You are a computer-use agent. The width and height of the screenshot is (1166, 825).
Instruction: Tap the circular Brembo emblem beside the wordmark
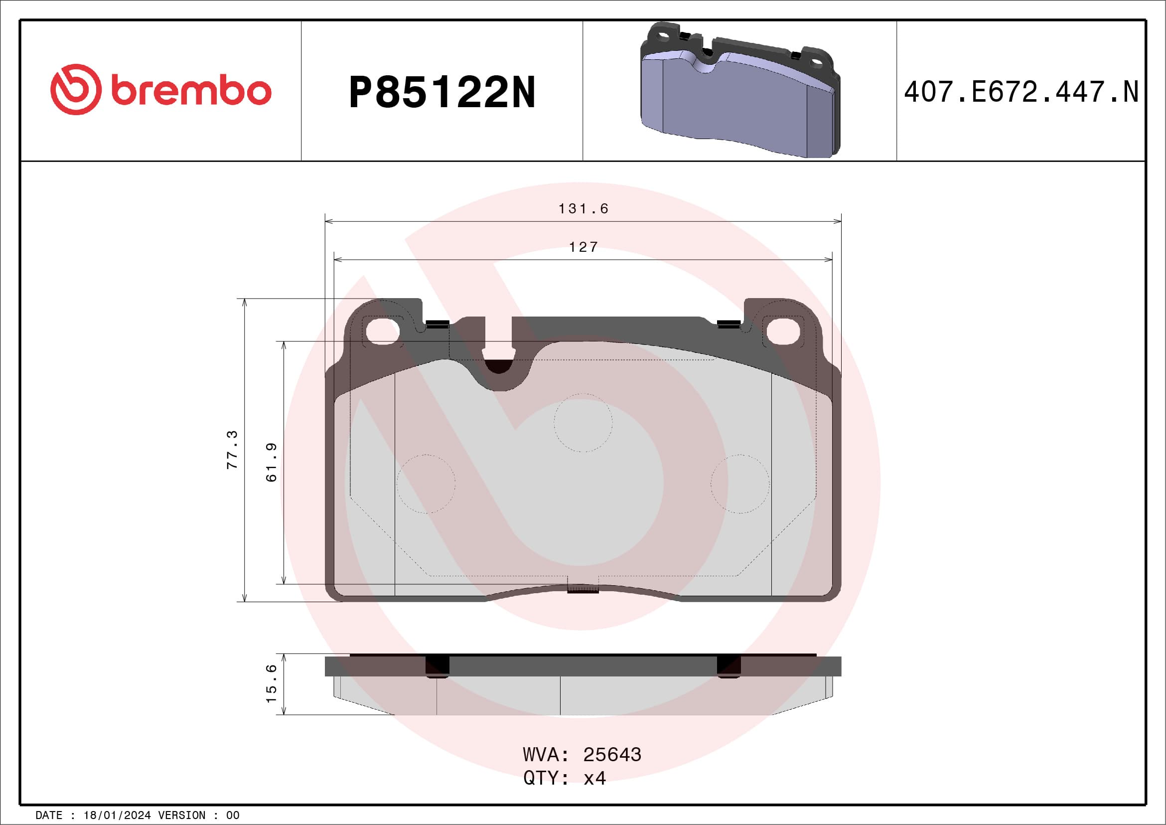pyautogui.click(x=76, y=89)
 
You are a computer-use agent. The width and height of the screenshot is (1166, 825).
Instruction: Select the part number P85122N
pyautogui.click(x=442, y=92)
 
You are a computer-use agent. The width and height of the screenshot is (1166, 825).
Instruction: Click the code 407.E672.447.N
pyautogui.click(x=1021, y=92)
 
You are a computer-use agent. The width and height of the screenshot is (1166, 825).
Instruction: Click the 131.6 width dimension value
pyautogui.click(x=583, y=209)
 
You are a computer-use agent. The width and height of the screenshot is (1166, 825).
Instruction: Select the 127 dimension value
pyautogui.click(x=583, y=247)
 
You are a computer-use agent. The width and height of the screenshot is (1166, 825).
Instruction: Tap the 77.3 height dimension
pyautogui.click(x=232, y=450)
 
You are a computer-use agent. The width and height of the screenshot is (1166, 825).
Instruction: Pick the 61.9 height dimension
pyautogui.click(x=272, y=462)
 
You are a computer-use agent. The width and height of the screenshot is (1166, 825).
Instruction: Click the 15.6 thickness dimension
pyautogui.click(x=272, y=684)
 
